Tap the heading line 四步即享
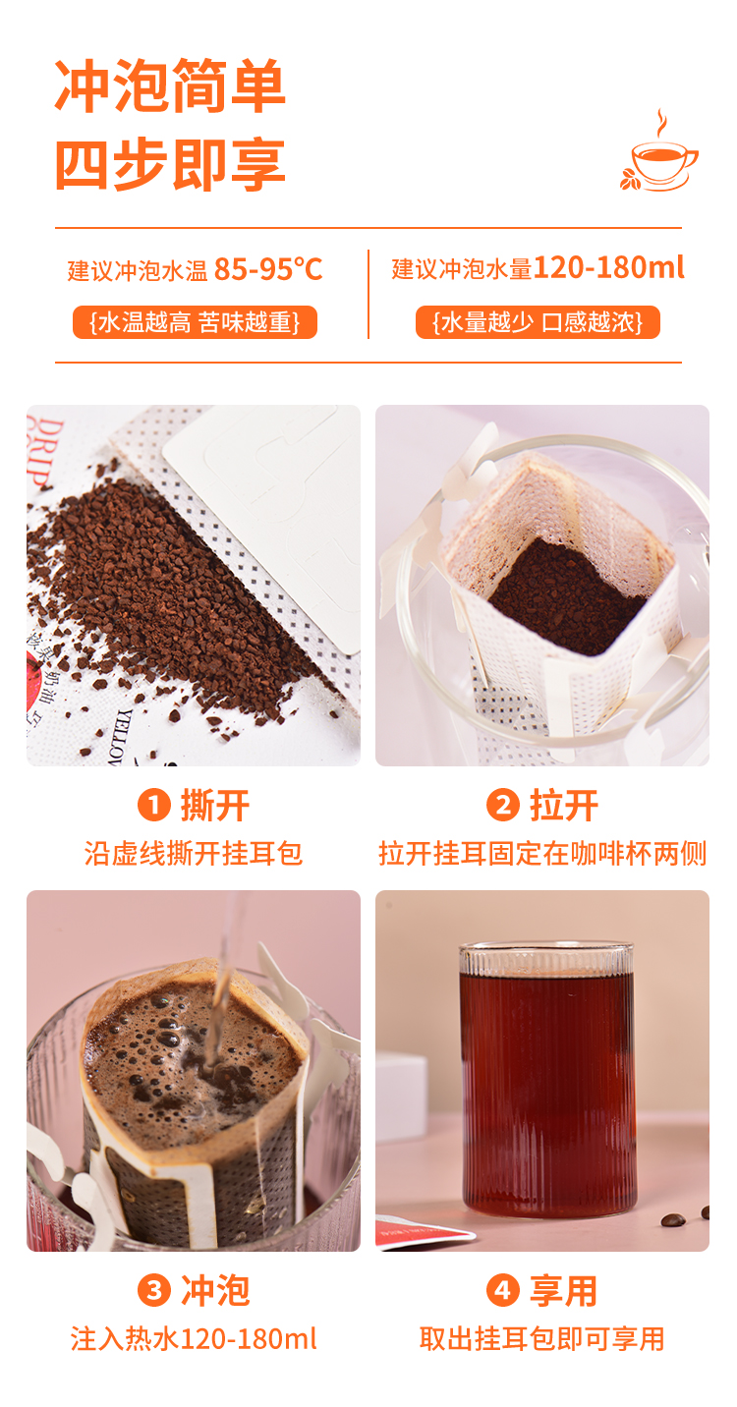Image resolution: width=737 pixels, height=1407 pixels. (x=170, y=164)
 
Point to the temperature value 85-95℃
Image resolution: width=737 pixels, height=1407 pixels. (x=268, y=268)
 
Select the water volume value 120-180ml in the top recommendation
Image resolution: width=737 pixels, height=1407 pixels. (x=609, y=267)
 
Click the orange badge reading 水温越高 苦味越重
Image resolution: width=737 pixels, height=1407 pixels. (x=195, y=322)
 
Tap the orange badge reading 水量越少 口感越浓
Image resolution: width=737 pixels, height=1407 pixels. (x=538, y=322)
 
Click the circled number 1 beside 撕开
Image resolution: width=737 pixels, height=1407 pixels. (x=154, y=806)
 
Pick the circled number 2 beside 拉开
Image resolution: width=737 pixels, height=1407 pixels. (x=503, y=806)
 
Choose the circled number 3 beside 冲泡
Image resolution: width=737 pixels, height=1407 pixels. (x=154, y=1290)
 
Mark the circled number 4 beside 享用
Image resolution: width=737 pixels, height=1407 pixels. (x=503, y=1290)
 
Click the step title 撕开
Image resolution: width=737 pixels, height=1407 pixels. (x=215, y=806)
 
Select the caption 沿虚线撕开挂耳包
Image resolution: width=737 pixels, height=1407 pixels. (x=194, y=853)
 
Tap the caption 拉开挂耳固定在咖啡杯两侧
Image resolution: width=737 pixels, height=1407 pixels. (x=542, y=853)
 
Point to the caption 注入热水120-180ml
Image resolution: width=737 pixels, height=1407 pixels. (x=194, y=1338)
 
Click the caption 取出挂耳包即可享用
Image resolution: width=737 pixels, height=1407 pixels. (x=542, y=1338)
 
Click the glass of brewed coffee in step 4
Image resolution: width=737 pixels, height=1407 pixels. (x=547, y=1081)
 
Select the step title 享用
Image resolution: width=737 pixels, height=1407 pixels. (x=564, y=1290)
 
